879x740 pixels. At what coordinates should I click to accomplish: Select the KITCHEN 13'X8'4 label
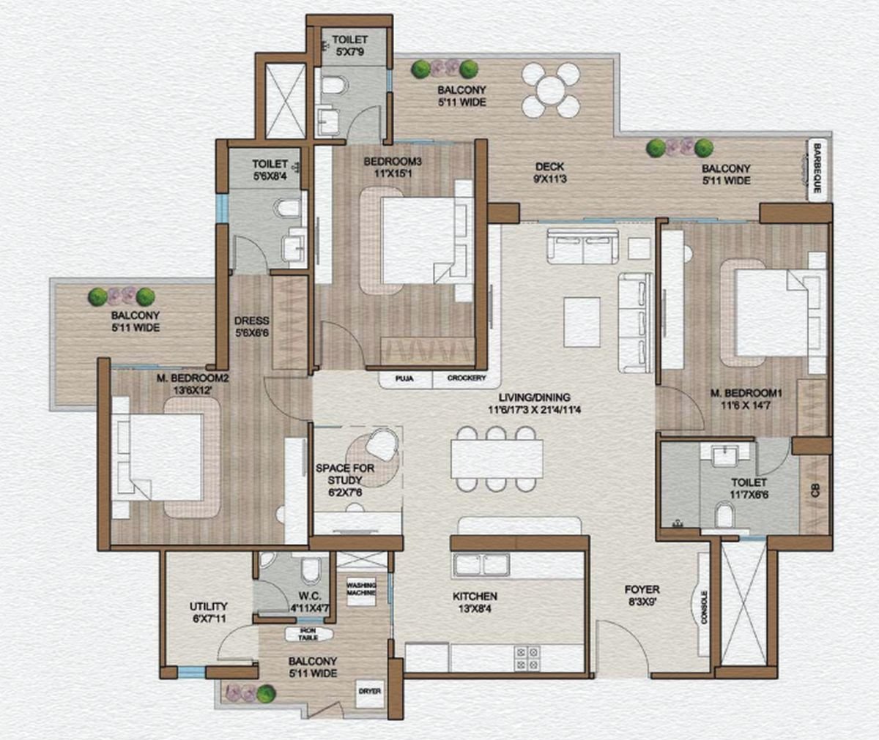pyautogui.click(x=475, y=602)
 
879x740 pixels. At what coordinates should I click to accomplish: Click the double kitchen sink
pyautogui.click(x=481, y=565)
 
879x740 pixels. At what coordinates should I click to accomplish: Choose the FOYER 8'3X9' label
pyautogui.click(x=642, y=594)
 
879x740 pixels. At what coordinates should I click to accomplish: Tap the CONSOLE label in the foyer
pyautogui.click(x=705, y=607)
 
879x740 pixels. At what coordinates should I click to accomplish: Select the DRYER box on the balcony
pyautogui.click(x=370, y=690)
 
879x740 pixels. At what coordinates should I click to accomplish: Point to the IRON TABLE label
pyautogui.click(x=308, y=634)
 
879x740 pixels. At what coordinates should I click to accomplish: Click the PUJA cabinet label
pyautogui.click(x=404, y=378)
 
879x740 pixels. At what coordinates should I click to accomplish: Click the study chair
pyautogui.click(x=383, y=444)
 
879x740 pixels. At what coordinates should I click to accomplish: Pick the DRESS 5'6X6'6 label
pyautogui.click(x=251, y=326)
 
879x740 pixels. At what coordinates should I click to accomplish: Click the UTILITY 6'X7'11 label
pyautogui.click(x=208, y=612)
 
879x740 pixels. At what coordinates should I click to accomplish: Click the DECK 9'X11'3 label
pyautogui.click(x=548, y=171)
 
